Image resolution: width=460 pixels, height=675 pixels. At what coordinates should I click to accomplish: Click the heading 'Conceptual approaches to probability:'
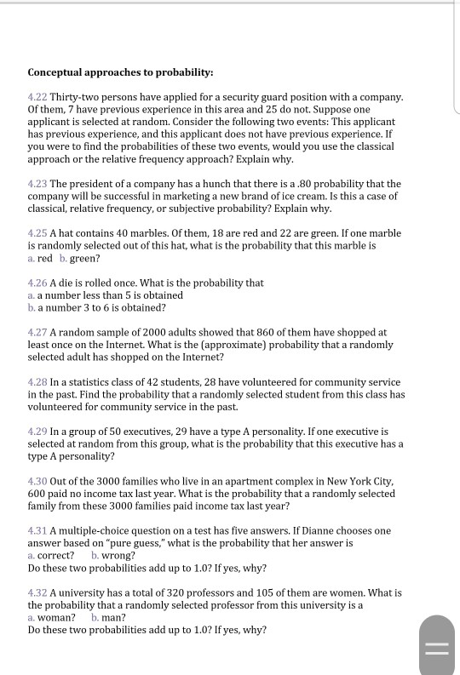click(x=120, y=73)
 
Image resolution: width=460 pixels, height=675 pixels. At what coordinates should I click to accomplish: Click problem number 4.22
click(x=37, y=98)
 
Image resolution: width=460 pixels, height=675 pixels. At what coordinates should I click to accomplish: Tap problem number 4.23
click(x=37, y=184)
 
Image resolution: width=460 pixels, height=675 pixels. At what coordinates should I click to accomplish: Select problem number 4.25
click(x=37, y=233)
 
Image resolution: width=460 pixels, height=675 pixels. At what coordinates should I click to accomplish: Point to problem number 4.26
click(x=37, y=283)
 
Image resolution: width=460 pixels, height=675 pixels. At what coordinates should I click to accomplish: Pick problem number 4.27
click(x=37, y=332)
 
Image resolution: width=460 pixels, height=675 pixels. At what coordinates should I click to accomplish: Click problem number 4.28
click(x=37, y=382)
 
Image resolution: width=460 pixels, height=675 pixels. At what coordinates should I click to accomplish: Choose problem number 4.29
click(x=37, y=432)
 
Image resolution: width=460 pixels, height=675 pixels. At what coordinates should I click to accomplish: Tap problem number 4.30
click(x=37, y=481)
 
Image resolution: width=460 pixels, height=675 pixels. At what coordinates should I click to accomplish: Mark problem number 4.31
click(x=37, y=530)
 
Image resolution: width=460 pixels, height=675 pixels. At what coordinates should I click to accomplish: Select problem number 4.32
click(x=37, y=592)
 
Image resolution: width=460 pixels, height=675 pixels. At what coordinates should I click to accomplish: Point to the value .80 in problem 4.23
click(x=318, y=184)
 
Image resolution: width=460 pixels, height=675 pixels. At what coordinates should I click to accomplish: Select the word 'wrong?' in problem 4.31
click(x=118, y=555)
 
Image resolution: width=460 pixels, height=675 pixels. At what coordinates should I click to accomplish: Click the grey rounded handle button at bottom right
click(x=437, y=646)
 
